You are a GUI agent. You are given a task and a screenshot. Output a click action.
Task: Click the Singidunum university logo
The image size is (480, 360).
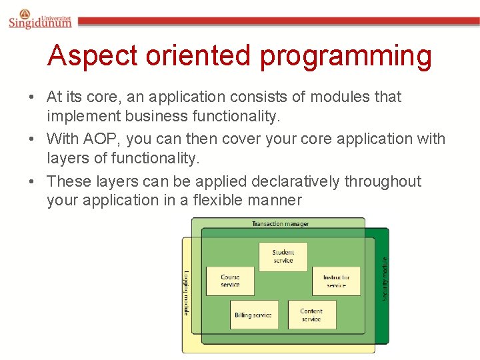pyautogui.click(x=40, y=20)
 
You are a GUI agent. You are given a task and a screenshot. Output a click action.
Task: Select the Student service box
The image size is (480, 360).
pyautogui.click(x=283, y=257)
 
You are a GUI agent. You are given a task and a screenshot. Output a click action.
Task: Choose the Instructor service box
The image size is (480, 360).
pyautogui.click(x=336, y=281)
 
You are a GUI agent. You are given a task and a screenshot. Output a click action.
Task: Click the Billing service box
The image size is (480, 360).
pyautogui.click(x=253, y=315)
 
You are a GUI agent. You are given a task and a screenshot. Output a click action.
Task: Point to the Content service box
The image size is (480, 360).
pyautogui.click(x=311, y=315)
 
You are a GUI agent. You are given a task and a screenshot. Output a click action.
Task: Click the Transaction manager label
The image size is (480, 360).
pyautogui.click(x=280, y=224)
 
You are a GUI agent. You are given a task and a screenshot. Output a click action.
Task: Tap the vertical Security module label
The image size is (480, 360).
pyautogui.click(x=384, y=278)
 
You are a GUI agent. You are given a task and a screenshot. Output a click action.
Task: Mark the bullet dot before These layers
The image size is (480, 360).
pyautogui.click(x=32, y=182)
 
